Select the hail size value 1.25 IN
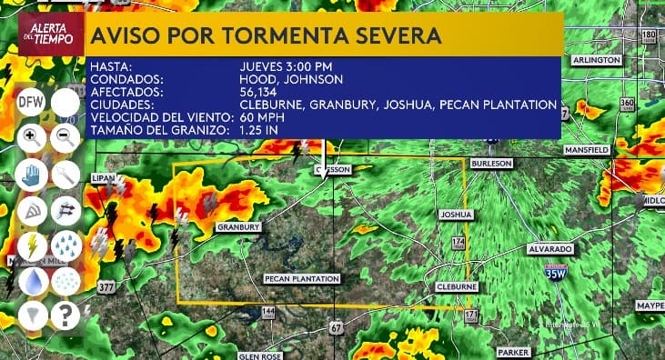point(263,131)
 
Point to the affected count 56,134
point(259,92)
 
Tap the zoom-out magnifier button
point(65,138)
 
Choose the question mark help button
point(65,316)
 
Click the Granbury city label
point(239,226)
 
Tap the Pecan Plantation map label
point(302,278)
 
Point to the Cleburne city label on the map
point(452,285)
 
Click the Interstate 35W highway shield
point(555,271)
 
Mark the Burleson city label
point(492,163)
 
